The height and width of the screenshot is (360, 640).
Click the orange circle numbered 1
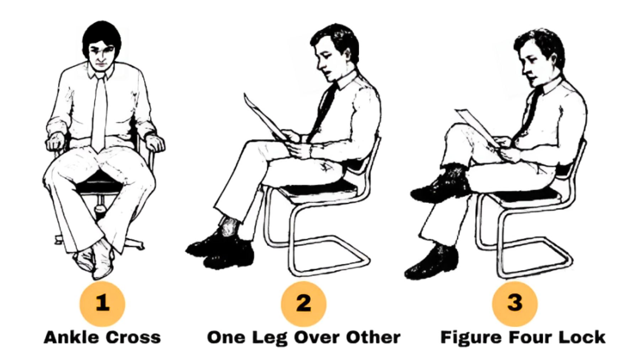point(102,303)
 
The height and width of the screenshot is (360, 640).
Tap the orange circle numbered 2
point(303,303)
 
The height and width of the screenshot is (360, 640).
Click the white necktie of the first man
point(99,114)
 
